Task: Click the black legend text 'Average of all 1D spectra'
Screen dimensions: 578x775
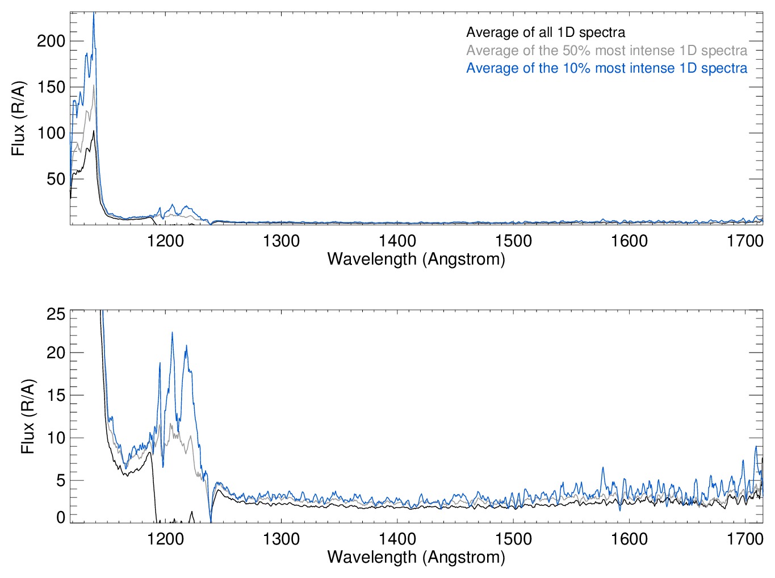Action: click(x=546, y=32)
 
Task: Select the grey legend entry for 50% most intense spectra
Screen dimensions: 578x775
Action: click(x=606, y=51)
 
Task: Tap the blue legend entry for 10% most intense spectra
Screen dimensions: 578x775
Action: click(x=606, y=69)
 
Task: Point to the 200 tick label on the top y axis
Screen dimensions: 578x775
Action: click(x=51, y=41)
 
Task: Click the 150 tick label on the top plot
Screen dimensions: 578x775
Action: click(x=51, y=87)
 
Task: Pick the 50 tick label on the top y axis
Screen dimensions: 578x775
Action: click(x=56, y=179)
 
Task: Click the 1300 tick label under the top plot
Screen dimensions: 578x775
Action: click(x=281, y=241)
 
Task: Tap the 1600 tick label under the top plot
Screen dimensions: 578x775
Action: click(x=629, y=241)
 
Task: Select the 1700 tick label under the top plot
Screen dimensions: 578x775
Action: click(x=745, y=241)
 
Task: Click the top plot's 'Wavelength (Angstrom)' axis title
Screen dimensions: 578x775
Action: click(x=416, y=259)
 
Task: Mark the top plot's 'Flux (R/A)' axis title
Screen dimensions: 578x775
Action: click(x=19, y=119)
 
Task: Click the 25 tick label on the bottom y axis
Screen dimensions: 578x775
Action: click(x=56, y=314)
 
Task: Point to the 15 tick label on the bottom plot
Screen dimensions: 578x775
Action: click(x=56, y=395)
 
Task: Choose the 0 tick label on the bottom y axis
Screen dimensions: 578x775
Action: click(x=61, y=517)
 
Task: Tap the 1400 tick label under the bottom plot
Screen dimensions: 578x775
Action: click(x=397, y=539)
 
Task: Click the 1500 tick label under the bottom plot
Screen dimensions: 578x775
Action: click(x=513, y=539)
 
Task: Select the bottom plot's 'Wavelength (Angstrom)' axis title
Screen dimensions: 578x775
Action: click(x=416, y=557)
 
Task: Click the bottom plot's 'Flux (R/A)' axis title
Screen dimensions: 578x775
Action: click(x=28, y=416)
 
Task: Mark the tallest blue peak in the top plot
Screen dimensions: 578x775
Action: click(x=94, y=14)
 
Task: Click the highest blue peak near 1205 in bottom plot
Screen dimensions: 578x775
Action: click(x=172, y=333)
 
